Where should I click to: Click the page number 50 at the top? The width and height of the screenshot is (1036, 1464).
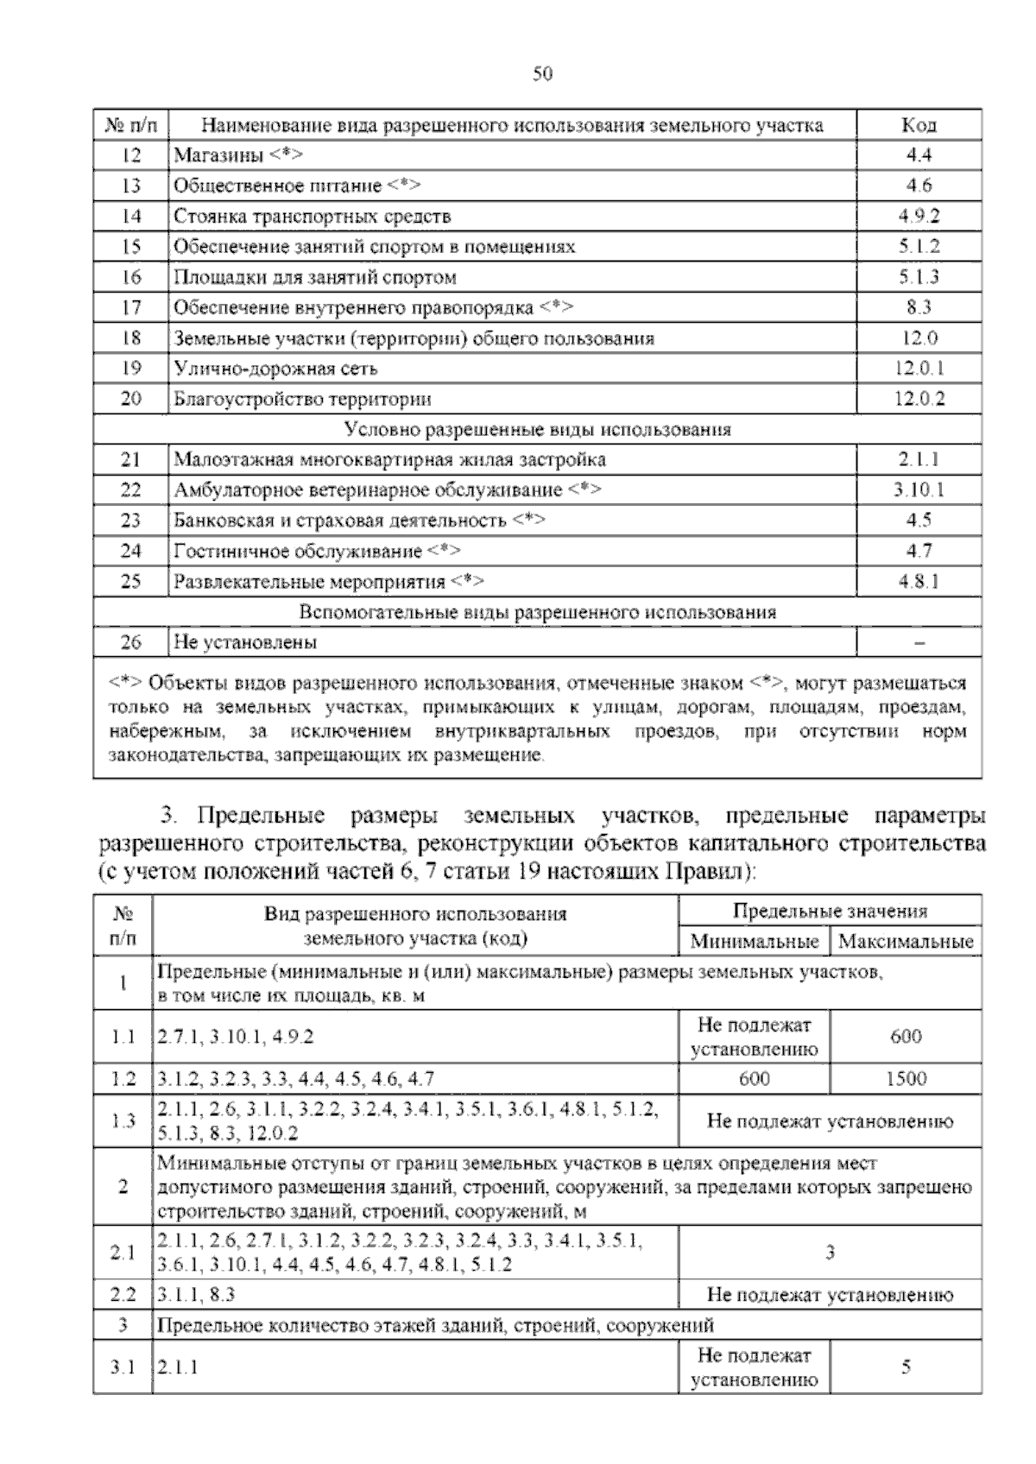click(542, 73)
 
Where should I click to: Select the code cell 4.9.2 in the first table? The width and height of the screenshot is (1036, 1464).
click(919, 216)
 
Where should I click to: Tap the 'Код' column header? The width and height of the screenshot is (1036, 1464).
click(919, 125)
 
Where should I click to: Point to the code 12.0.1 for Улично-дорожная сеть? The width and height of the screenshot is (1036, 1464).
click(919, 369)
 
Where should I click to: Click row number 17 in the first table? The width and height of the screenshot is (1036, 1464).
click(131, 307)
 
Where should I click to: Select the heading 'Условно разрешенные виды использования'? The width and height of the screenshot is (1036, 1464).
click(537, 429)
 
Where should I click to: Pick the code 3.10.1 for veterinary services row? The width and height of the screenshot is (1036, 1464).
click(919, 490)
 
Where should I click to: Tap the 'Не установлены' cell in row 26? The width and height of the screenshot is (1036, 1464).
click(245, 642)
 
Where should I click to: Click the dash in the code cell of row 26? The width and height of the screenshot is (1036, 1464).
click(919, 643)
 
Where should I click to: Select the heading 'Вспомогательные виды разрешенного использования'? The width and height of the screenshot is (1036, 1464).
click(537, 612)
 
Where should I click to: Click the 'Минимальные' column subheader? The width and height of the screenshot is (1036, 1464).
click(754, 941)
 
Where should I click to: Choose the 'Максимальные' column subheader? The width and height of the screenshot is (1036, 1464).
click(906, 941)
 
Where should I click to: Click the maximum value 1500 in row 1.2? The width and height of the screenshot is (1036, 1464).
click(906, 1078)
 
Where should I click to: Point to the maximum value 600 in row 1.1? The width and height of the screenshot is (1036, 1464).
click(906, 1036)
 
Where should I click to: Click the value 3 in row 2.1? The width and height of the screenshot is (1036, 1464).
click(830, 1253)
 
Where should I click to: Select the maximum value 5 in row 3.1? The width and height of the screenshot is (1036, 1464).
click(906, 1367)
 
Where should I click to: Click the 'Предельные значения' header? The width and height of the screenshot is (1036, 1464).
click(830, 912)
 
